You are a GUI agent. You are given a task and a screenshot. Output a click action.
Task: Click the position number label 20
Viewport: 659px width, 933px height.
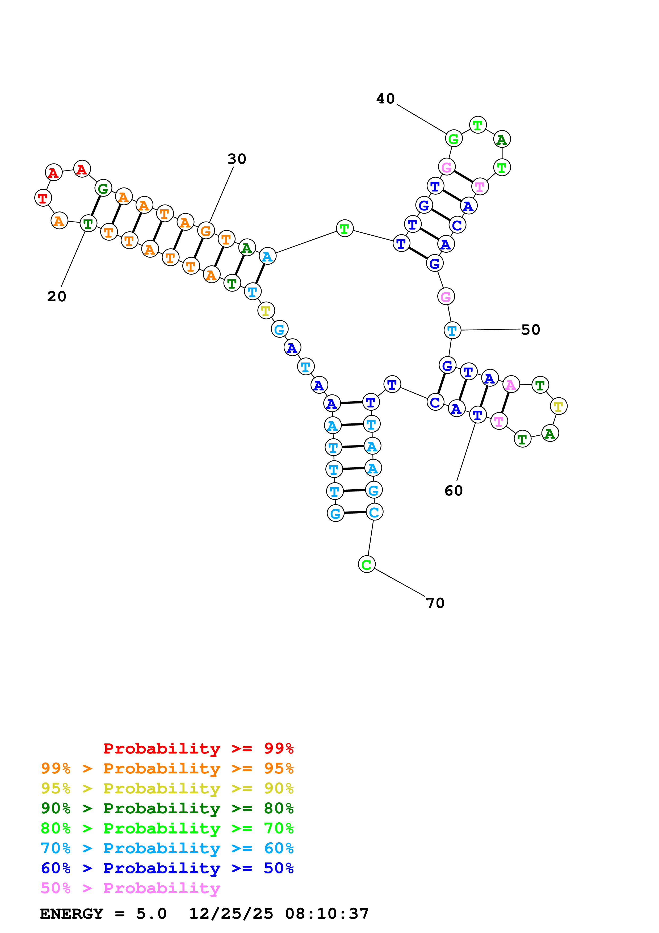click(x=56, y=296)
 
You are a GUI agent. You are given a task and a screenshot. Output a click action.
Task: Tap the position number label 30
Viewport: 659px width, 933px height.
click(x=237, y=159)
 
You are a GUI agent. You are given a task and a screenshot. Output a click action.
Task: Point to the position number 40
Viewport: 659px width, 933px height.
click(x=385, y=99)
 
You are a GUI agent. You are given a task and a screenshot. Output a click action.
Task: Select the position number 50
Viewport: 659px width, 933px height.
click(x=530, y=330)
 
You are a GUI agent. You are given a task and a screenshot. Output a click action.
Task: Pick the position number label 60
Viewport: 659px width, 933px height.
click(x=454, y=490)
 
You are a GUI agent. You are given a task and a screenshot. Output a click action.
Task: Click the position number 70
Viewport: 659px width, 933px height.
click(x=435, y=603)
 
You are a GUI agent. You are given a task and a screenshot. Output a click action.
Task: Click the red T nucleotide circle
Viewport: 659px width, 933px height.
click(x=43, y=198)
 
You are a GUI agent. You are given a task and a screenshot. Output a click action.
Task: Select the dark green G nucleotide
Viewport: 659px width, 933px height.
click(x=103, y=188)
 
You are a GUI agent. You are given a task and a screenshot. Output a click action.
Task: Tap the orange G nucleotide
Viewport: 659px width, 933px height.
click(x=206, y=231)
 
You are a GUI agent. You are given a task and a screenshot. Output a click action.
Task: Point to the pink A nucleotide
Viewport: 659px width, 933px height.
click(x=511, y=384)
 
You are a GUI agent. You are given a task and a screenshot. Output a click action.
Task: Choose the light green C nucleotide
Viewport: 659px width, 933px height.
click(x=366, y=564)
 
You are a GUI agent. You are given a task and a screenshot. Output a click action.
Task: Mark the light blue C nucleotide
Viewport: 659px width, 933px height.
click(x=374, y=512)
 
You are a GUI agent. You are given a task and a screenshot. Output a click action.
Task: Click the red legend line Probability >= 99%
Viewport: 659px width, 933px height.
click(x=198, y=748)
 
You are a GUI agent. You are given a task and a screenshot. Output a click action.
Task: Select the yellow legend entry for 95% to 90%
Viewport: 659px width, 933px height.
click(x=167, y=788)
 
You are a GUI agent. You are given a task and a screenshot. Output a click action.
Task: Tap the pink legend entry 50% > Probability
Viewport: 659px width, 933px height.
click(x=130, y=888)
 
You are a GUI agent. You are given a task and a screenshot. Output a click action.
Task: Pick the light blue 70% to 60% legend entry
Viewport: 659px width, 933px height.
click(x=167, y=848)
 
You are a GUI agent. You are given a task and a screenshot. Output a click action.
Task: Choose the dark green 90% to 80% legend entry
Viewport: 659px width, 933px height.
click(x=167, y=808)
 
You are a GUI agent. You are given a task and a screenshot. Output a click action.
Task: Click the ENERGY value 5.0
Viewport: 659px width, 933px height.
click(x=151, y=914)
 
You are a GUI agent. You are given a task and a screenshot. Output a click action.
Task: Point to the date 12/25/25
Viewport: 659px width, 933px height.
click(x=231, y=914)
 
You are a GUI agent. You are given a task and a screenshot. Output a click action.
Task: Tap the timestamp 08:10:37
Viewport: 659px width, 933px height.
click(x=327, y=914)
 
